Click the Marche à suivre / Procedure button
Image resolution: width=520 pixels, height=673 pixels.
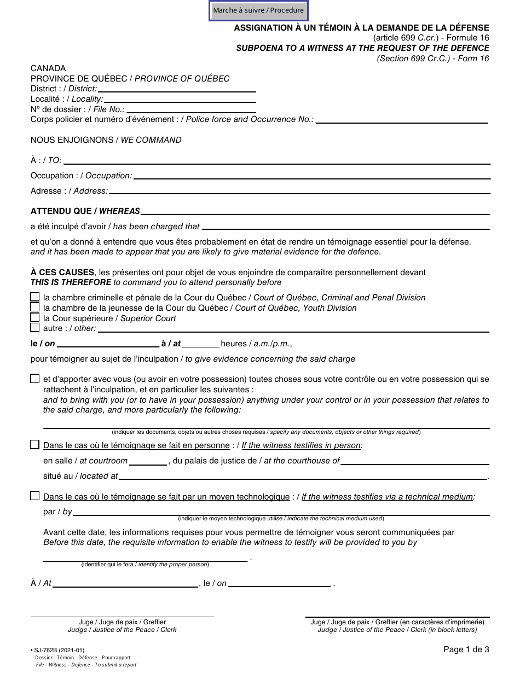click(258, 10)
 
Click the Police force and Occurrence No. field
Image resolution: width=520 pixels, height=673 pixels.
click(402, 120)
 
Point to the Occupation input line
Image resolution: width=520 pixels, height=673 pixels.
click(311, 176)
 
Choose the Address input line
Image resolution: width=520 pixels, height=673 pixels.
click(299, 192)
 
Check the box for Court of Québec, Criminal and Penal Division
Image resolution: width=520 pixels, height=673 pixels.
click(35, 297)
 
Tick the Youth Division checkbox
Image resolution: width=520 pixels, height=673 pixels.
click(35, 308)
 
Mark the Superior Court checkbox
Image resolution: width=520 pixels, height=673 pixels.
click(35, 318)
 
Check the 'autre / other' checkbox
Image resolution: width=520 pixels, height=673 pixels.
click(35, 328)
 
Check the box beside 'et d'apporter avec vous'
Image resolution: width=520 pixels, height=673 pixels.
click(35, 379)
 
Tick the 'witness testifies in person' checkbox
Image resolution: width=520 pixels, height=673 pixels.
click(35, 445)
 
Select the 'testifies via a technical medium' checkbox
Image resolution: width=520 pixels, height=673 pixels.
click(35, 496)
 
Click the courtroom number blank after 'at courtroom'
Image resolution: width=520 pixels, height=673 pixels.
click(148, 461)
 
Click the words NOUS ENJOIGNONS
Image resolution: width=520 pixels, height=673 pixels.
click(72, 140)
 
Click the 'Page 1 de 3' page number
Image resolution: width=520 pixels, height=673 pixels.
click(466, 650)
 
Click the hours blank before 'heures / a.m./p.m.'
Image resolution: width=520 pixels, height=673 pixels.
click(200, 344)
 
